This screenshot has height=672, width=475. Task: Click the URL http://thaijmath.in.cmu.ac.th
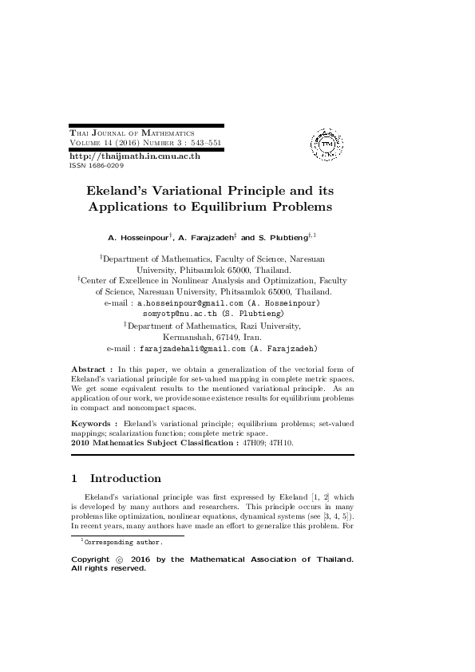(x=135, y=156)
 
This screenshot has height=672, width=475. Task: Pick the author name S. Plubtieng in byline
(x=284, y=238)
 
